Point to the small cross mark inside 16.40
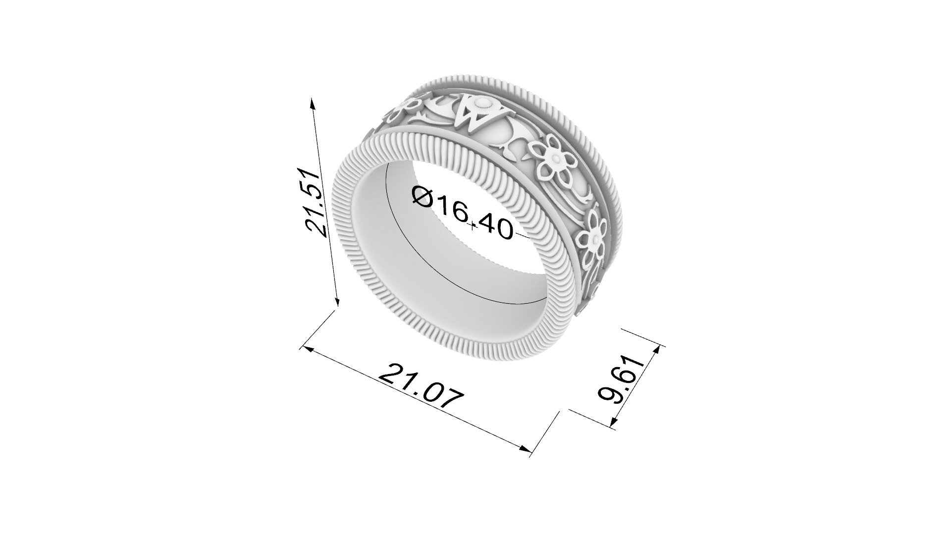pos(474,226)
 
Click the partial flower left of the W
pos(406,107)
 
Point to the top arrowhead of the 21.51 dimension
pos(312,102)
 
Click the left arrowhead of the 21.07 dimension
pos(306,349)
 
